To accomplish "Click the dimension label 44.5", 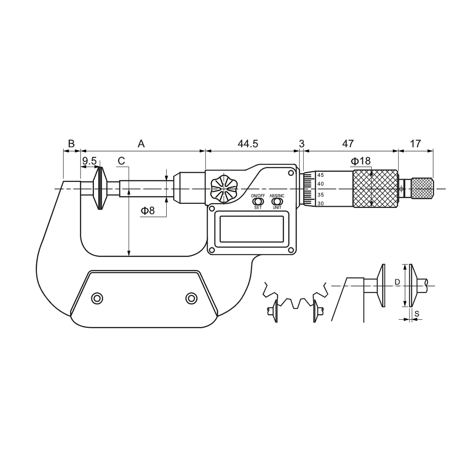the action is pos(248,144).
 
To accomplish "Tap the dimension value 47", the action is pos(348,144).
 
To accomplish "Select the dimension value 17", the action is pos(416,144).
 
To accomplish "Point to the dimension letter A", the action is pos(141,144).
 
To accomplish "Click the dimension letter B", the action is pos(71,144).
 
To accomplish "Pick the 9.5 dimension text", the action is pos(89,161).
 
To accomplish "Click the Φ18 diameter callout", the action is pos(361,161).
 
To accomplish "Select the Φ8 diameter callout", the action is pos(148,211).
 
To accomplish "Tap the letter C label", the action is pos(121,161).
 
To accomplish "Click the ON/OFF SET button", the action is pos(258,202).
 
